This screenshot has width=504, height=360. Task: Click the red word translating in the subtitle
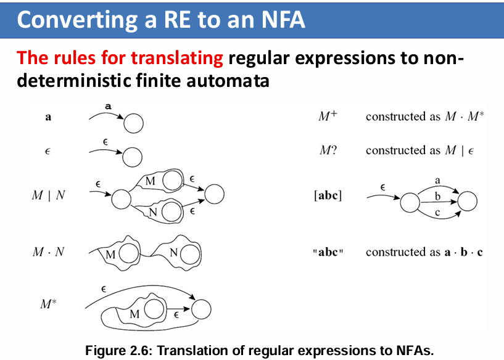175,59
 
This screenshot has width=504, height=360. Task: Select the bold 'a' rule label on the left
48,117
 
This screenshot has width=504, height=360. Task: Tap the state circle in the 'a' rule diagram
133,124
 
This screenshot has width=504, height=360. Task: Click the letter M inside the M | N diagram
150,181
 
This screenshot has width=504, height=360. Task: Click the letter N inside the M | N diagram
152,211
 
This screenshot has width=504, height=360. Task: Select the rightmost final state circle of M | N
213,195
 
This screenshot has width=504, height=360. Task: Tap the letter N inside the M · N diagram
174,253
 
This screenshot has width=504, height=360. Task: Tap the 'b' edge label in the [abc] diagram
437,196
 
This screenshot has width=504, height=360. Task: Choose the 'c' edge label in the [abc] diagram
437,213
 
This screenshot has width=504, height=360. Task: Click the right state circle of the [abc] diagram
468,202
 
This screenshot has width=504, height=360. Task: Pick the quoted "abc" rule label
328,253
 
